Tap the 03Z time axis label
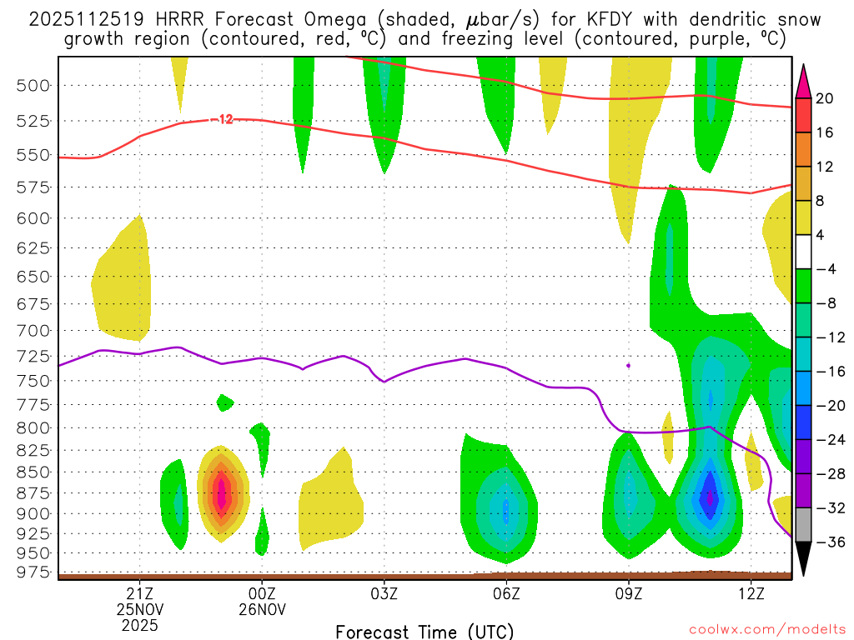(x=384, y=593)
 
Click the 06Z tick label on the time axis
(x=506, y=593)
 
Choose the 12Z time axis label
(x=751, y=593)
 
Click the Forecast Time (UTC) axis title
(x=424, y=631)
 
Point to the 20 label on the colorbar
(x=825, y=98)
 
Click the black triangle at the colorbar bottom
(x=804, y=559)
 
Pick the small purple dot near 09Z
(x=628, y=365)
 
